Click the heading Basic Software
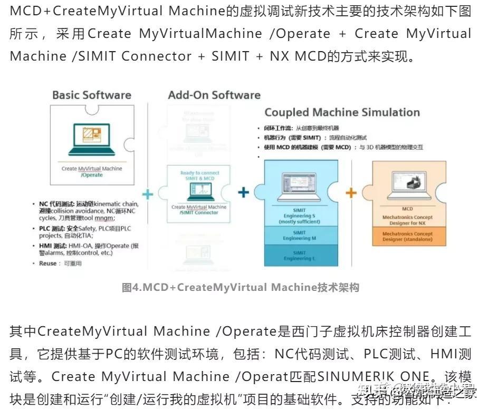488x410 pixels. coord(91,95)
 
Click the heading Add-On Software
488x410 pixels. coord(214,95)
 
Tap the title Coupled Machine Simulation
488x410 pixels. coord(342,112)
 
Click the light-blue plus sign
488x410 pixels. coord(148,194)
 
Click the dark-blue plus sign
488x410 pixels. coord(243,192)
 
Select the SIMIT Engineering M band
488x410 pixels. coord(299,235)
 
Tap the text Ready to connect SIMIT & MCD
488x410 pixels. coord(199,175)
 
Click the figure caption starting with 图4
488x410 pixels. coord(240,288)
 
